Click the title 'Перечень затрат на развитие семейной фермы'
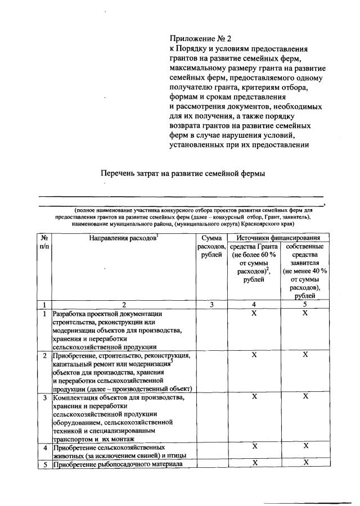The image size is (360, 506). click(182, 173)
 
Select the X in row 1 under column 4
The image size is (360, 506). click(254, 313)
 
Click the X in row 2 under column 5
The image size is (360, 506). click(305, 355)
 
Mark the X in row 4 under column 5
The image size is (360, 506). click(305, 446)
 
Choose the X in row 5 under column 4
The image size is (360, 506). click(254, 463)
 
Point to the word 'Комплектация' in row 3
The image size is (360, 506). click(74, 397)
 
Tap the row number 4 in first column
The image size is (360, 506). click(44, 448)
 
